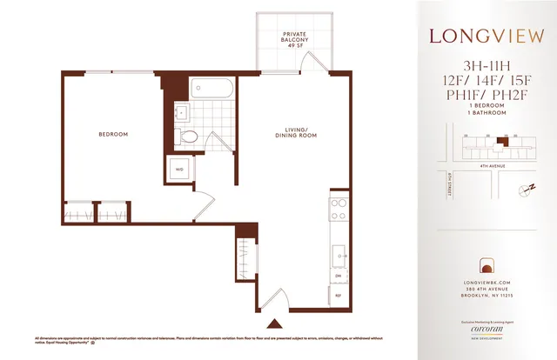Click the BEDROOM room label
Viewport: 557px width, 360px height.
click(113, 134)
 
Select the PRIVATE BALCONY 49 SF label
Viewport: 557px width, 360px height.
click(292, 39)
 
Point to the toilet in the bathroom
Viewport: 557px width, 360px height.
click(185, 136)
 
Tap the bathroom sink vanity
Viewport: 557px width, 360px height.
click(182, 112)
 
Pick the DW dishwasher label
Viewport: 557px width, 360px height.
click(336, 276)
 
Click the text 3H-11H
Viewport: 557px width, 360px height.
click(487, 66)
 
